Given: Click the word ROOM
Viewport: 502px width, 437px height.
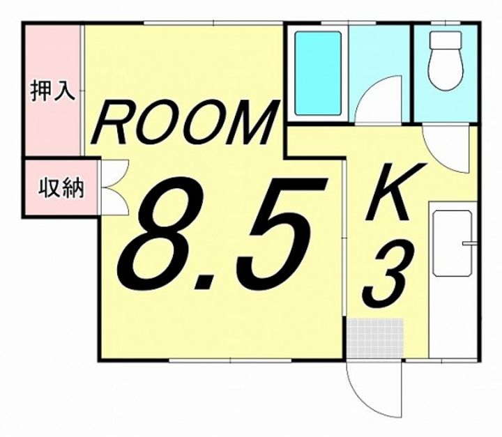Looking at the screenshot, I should pos(184,124).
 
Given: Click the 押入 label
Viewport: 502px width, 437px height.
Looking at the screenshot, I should pos(53,93).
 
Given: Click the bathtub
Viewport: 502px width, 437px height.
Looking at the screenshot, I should pos(318,73).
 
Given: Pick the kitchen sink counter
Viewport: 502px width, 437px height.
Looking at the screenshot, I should pos(451,279).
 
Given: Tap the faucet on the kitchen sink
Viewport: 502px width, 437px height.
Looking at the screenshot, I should pos(469,243).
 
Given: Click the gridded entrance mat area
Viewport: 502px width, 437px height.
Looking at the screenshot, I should pos(376,337).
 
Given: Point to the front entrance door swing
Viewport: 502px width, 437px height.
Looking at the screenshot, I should pos(374,390).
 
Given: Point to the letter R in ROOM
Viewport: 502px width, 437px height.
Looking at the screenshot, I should pos(112,124).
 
